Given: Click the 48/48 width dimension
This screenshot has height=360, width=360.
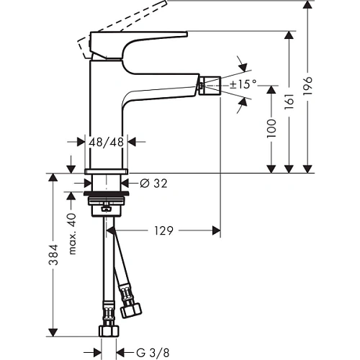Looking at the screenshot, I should click(x=107, y=143).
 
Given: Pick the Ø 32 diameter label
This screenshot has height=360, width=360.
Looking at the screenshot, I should click(x=150, y=184).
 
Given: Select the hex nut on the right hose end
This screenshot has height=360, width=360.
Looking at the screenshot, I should click(x=132, y=312).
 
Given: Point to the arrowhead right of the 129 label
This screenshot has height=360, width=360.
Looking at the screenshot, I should click(x=215, y=230).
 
